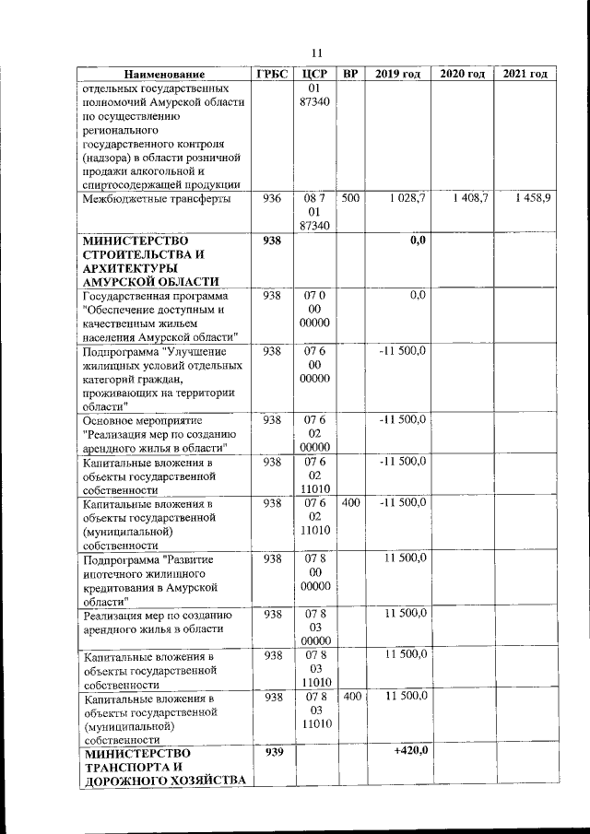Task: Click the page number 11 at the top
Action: pos(316,52)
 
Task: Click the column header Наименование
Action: pos(166,74)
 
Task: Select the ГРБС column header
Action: pos(273,74)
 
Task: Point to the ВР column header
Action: pos(350,74)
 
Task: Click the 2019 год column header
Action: pos(398,74)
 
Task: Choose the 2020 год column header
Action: pos(463,74)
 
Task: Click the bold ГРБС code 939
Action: pos(273,752)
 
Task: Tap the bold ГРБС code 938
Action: pos(273,240)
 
